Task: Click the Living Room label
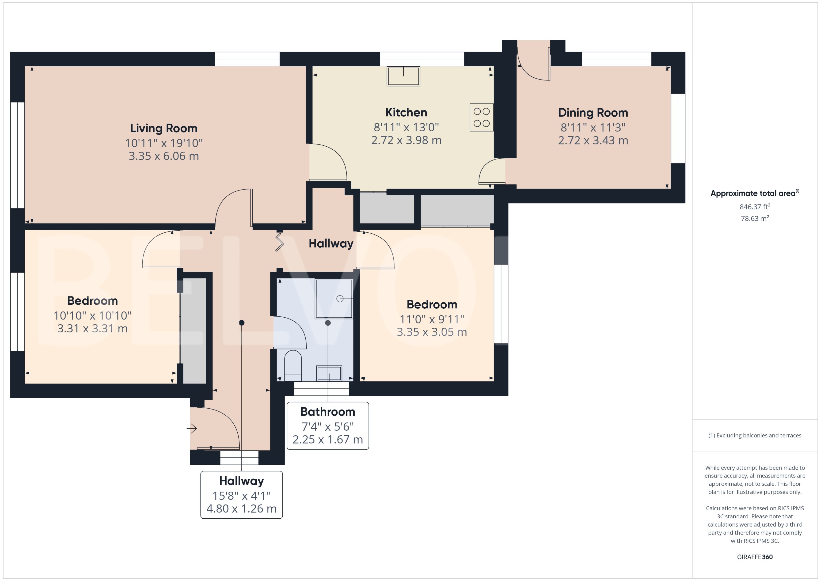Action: coord(163,128)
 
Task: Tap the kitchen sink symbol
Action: coord(403,76)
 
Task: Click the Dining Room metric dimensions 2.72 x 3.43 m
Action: coord(593,140)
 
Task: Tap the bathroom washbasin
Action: coord(329,373)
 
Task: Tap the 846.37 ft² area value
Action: coord(754,207)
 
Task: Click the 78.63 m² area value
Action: coord(754,218)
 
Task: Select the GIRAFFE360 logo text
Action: coord(754,557)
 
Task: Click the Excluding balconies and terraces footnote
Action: coord(754,435)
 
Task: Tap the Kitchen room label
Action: coord(406,112)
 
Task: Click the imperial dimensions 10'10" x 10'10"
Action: coord(92,315)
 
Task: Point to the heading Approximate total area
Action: coord(753,193)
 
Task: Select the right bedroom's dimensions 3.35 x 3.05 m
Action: coord(432,332)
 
